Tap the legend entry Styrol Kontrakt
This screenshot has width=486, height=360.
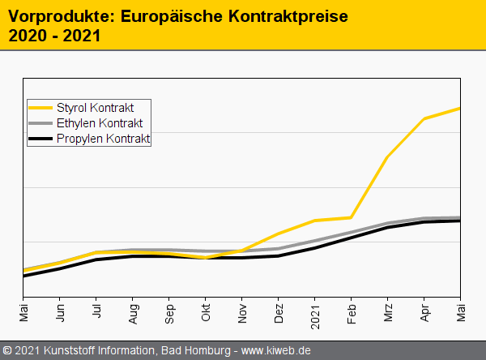(x=96, y=108)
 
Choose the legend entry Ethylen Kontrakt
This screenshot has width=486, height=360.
(x=100, y=123)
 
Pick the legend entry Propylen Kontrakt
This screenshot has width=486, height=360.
(x=104, y=139)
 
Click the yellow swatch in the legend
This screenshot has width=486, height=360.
(x=40, y=108)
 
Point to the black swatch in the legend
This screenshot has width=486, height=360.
(x=40, y=139)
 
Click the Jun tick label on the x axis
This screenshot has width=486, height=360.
(x=60, y=313)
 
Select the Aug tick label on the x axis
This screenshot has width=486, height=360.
(x=133, y=313)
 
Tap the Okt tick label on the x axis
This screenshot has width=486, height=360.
(x=206, y=313)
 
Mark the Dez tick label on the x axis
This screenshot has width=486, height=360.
(x=279, y=313)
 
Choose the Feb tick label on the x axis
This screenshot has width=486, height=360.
(x=352, y=313)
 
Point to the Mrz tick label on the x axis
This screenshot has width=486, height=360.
(x=388, y=313)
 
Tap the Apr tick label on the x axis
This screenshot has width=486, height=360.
(x=424, y=313)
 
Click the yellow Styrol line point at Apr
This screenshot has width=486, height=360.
(x=424, y=118)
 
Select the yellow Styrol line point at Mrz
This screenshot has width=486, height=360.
(x=387, y=157)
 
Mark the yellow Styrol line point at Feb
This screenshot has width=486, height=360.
(x=351, y=217)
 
